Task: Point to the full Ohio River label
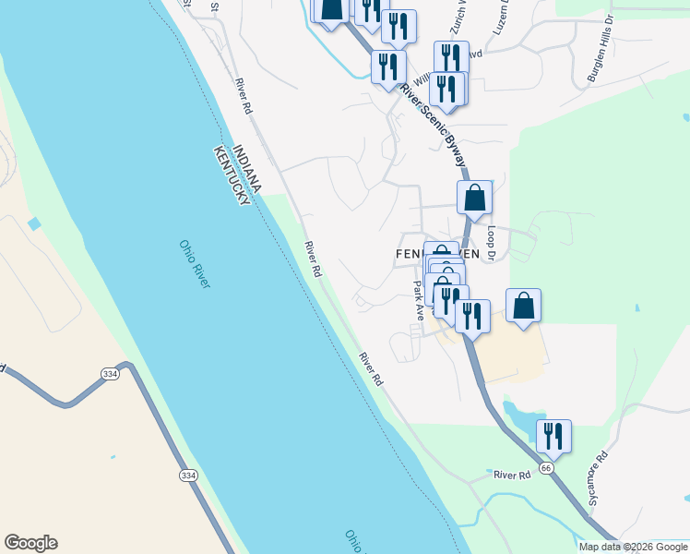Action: (x=196, y=264)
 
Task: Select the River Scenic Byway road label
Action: (x=434, y=126)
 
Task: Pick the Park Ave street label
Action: (x=418, y=301)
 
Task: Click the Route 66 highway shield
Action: (x=547, y=469)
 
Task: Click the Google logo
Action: (x=30, y=543)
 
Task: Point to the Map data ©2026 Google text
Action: (x=633, y=547)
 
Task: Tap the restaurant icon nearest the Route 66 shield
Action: (x=553, y=437)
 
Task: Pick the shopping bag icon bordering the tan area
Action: (x=523, y=307)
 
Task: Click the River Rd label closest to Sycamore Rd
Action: (x=512, y=475)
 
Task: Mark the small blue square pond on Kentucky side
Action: (x=34, y=224)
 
